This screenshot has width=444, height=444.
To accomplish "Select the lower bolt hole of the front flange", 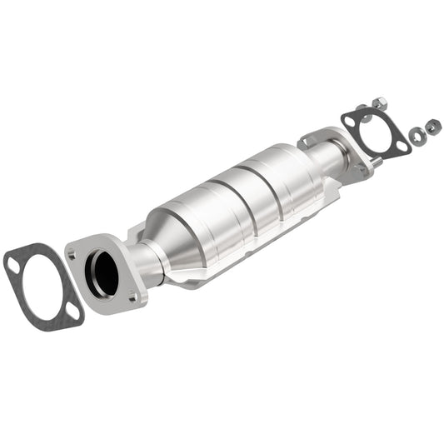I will tap(132, 292).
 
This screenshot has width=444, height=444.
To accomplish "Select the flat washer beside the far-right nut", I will tap(416, 132).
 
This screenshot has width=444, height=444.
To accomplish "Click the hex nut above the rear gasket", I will tap(378, 105).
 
